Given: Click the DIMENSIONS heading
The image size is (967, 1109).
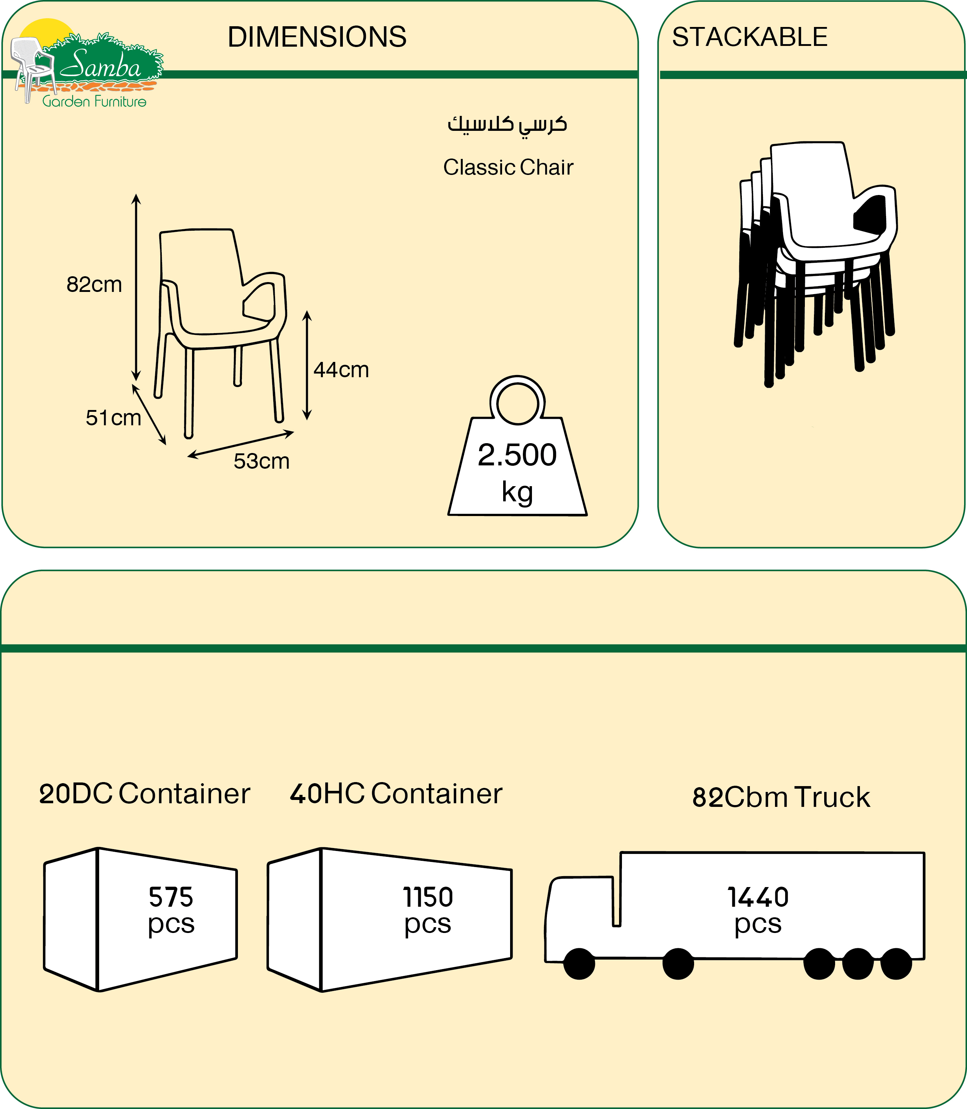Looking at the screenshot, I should pos(317,37).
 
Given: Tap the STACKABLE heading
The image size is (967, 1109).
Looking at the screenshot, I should pos(749,37).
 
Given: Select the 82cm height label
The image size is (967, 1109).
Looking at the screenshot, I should pos(94,284).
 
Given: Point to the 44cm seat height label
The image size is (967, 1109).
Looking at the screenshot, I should pos(341,370).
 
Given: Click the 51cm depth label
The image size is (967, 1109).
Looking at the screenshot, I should pos(113,418).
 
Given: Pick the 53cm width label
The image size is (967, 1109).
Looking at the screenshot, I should pos(262,461).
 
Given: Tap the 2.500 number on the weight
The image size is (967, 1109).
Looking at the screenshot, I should pos(517,455).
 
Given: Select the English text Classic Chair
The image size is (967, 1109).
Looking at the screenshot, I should pos(508,167).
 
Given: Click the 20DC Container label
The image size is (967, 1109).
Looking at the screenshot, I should pos(145,794).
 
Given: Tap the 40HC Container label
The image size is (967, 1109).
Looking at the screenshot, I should pos(396,794).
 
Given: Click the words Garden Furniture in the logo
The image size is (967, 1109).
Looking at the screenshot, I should pos(94,101).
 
